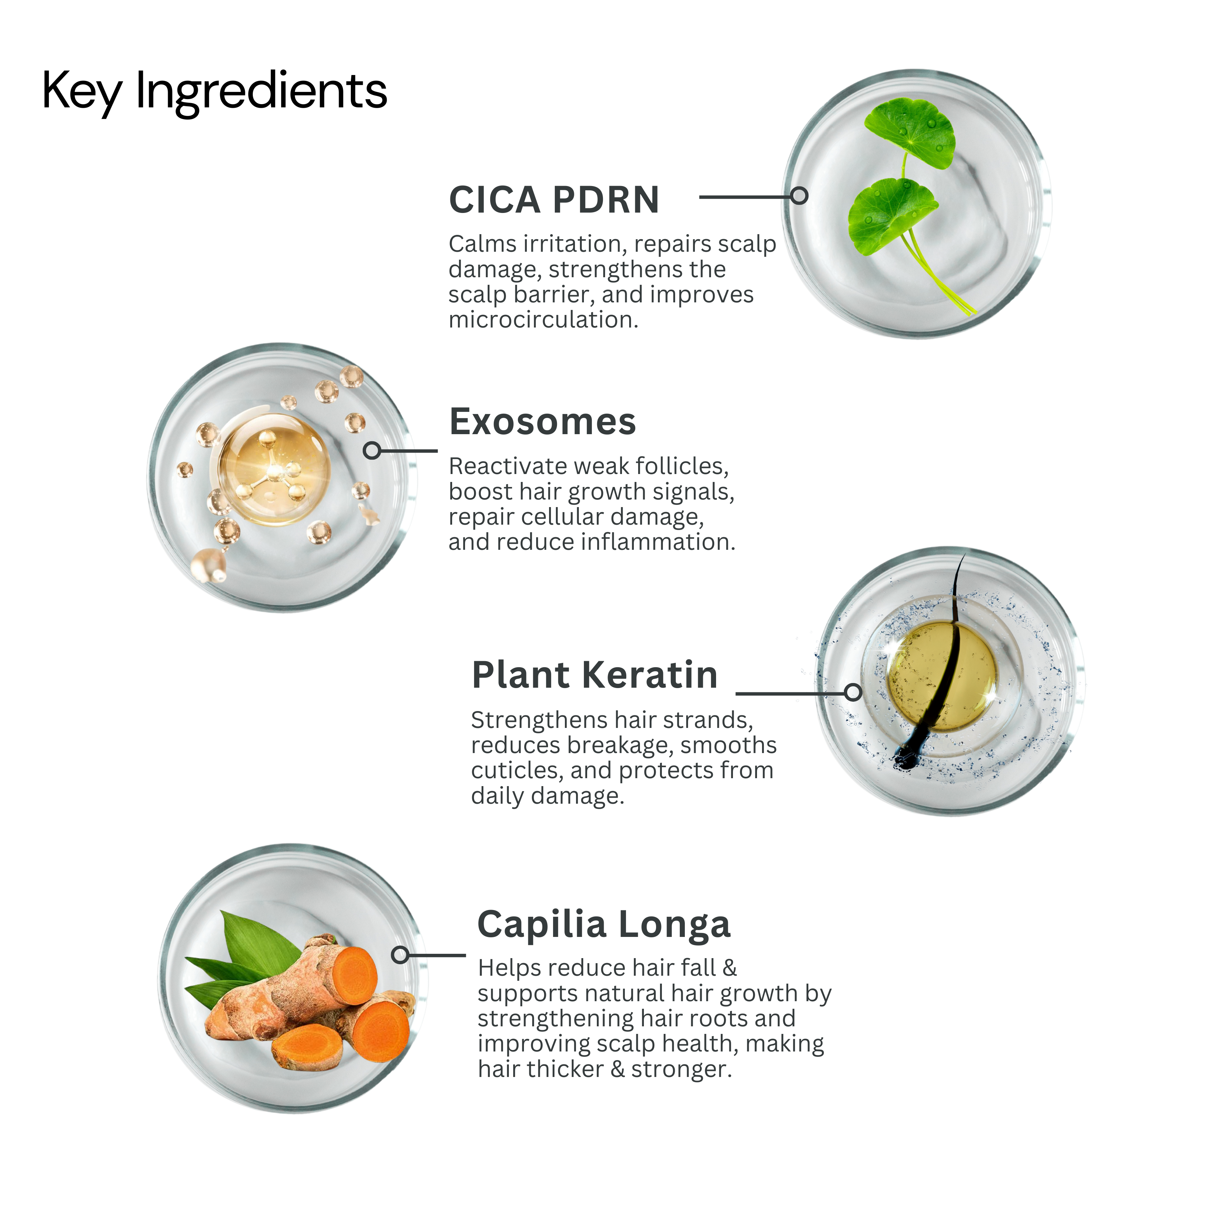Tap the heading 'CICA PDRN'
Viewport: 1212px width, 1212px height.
554,200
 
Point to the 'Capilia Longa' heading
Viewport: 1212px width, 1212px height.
604,925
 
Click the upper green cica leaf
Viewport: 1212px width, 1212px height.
910,130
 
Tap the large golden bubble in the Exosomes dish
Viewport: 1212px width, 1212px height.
274,467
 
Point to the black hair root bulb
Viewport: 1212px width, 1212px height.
905,757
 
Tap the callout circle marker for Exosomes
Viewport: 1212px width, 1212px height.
372,450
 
